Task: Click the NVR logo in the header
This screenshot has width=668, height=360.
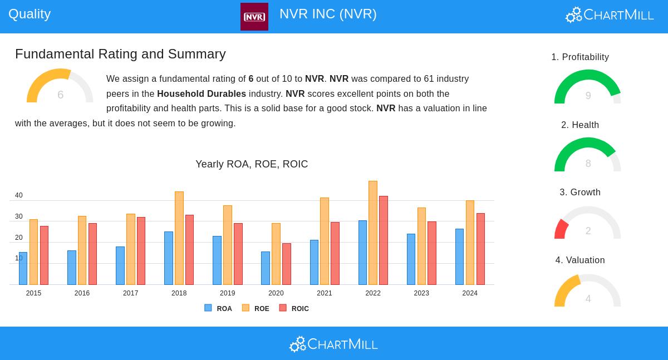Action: [254, 17]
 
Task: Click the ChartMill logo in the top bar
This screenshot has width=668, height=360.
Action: [610, 14]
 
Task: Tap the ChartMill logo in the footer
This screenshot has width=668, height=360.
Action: [333, 344]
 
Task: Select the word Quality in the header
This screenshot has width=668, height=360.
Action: [30, 14]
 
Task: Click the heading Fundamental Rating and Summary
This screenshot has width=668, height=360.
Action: [120, 54]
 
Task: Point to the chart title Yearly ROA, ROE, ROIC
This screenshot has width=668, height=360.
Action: [252, 164]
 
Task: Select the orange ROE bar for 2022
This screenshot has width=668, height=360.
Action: [373, 233]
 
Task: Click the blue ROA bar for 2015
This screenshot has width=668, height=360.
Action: [23, 268]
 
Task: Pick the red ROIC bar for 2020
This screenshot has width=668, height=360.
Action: [287, 264]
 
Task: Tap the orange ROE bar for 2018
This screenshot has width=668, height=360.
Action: [179, 238]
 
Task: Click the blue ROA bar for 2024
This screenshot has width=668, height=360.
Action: [459, 257]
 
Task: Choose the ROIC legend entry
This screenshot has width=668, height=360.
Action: [294, 308]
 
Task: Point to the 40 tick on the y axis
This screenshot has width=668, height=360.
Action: [19, 195]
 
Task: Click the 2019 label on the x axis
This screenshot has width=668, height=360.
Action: [227, 293]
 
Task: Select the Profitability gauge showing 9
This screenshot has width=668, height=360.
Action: [587, 87]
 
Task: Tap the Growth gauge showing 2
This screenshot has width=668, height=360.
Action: [587, 223]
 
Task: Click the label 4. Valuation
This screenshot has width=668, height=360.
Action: [580, 260]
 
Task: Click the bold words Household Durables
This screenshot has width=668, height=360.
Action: [202, 94]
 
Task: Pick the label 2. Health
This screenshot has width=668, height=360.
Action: [580, 125]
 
